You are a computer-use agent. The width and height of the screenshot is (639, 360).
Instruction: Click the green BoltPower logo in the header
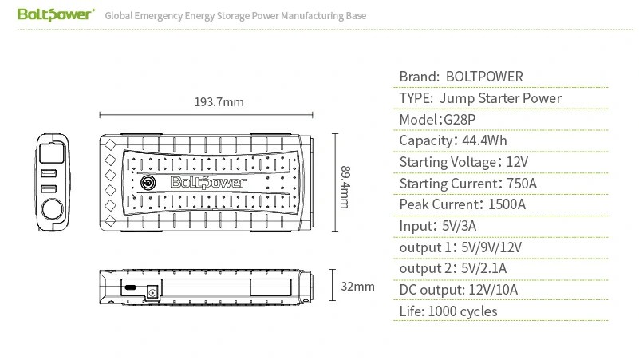click(x=56, y=14)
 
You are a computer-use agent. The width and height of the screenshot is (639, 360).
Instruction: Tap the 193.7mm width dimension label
click(x=219, y=102)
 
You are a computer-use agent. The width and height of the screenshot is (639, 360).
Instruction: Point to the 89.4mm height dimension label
click(x=345, y=187)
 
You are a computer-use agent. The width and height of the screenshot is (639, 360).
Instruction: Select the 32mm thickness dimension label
click(x=357, y=287)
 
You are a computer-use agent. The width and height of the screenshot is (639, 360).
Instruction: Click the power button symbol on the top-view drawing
click(x=148, y=182)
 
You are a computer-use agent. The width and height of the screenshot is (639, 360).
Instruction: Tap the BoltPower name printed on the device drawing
click(x=208, y=182)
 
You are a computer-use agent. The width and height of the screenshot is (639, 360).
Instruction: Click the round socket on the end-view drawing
click(x=53, y=210)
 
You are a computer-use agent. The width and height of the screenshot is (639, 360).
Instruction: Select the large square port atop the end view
click(x=52, y=152)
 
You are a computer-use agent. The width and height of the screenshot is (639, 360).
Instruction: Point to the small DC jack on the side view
click(x=152, y=292)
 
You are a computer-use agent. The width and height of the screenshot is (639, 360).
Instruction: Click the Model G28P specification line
click(x=437, y=120)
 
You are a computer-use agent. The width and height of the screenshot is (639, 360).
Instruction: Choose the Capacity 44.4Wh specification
click(x=453, y=140)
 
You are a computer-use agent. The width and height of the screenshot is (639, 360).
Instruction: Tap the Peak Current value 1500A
click(x=507, y=204)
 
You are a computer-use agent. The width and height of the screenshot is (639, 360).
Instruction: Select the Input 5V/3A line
click(x=438, y=226)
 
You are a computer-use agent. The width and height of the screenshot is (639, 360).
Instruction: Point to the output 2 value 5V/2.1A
click(x=483, y=268)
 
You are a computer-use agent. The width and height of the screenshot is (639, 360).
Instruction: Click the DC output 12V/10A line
click(x=459, y=290)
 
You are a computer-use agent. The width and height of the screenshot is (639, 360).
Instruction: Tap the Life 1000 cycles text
click(x=448, y=311)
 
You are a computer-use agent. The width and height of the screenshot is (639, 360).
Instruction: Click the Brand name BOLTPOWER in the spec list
click(x=484, y=77)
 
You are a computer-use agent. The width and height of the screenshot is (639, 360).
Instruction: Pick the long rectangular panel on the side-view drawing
click(x=270, y=287)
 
